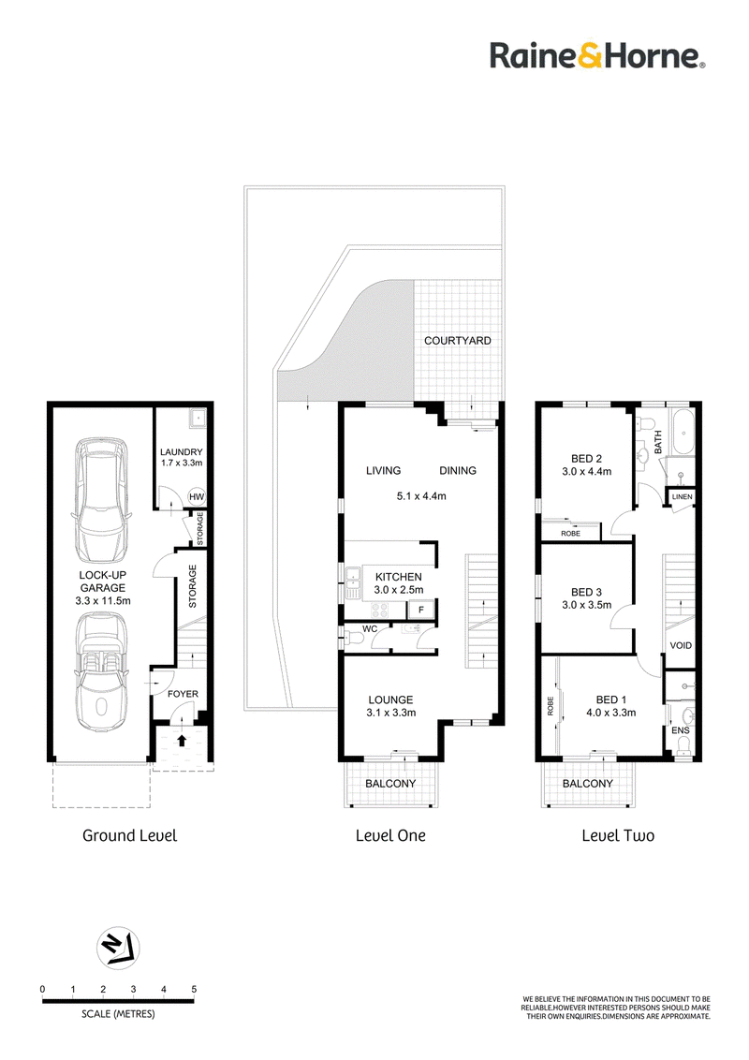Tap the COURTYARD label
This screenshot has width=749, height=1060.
click(458, 341)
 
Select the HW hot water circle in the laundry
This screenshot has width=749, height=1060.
click(196, 497)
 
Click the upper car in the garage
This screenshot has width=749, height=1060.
click(101, 500)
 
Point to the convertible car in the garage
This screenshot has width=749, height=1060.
click(101, 671)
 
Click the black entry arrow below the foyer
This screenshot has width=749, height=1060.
click(182, 740)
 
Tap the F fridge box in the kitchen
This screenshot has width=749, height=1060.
click(421, 610)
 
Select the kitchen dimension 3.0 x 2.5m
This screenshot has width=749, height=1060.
click(399, 590)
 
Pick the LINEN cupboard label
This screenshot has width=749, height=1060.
click(683, 497)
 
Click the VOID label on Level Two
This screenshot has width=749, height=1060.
click(681, 645)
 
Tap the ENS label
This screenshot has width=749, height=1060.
click(680, 730)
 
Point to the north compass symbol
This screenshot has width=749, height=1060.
click(118, 948)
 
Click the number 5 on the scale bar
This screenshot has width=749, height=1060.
click(194, 990)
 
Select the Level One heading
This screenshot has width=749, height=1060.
click(390, 835)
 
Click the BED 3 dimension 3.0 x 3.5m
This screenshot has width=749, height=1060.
click(587, 605)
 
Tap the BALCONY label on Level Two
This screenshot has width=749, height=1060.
click(588, 784)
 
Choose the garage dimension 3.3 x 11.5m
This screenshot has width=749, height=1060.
click(103, 600)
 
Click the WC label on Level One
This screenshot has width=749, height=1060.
click(370, 628)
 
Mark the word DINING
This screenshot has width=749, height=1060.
click(458, 470)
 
